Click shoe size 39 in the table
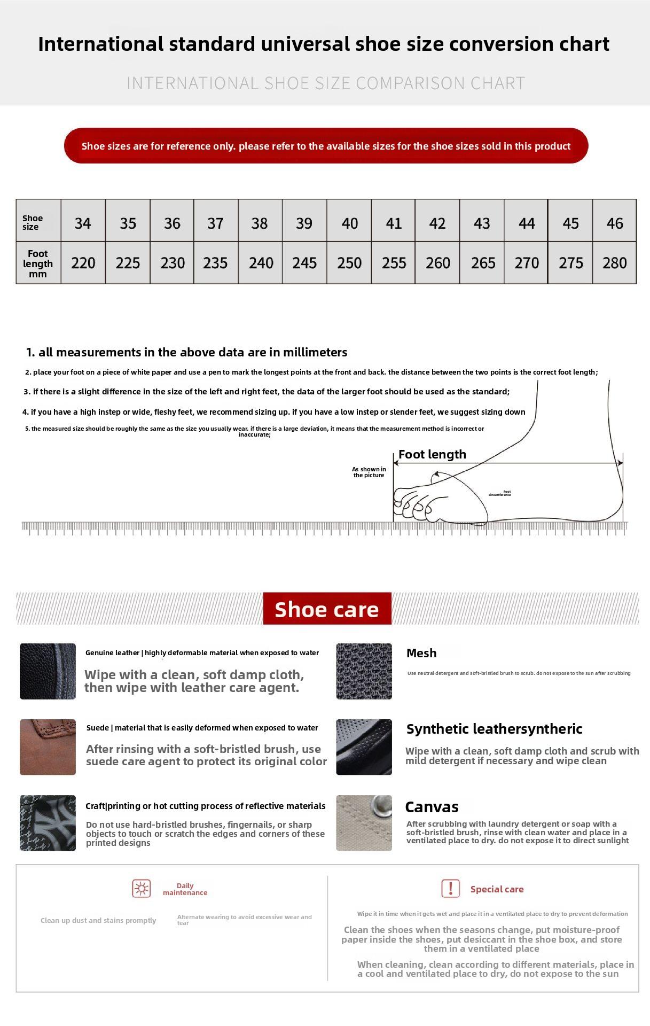(304, 223)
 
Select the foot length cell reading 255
(394, 262)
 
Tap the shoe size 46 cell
(614, 223)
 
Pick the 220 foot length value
(83, 262)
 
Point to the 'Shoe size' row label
(33, 222)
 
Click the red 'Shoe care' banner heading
(327, 609)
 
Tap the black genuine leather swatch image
(48, 671)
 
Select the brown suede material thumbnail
(48, 747)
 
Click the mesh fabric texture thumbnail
(364, 671)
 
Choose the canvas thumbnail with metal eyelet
(364, 823)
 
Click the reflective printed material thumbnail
(48, 823)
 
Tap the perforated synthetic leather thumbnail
(364, 747)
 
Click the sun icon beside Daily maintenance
(142, 889)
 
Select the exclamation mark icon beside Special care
(450, 889)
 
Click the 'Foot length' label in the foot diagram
(432, 454)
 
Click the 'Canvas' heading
(432, 807)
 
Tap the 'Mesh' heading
(421, 653)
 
